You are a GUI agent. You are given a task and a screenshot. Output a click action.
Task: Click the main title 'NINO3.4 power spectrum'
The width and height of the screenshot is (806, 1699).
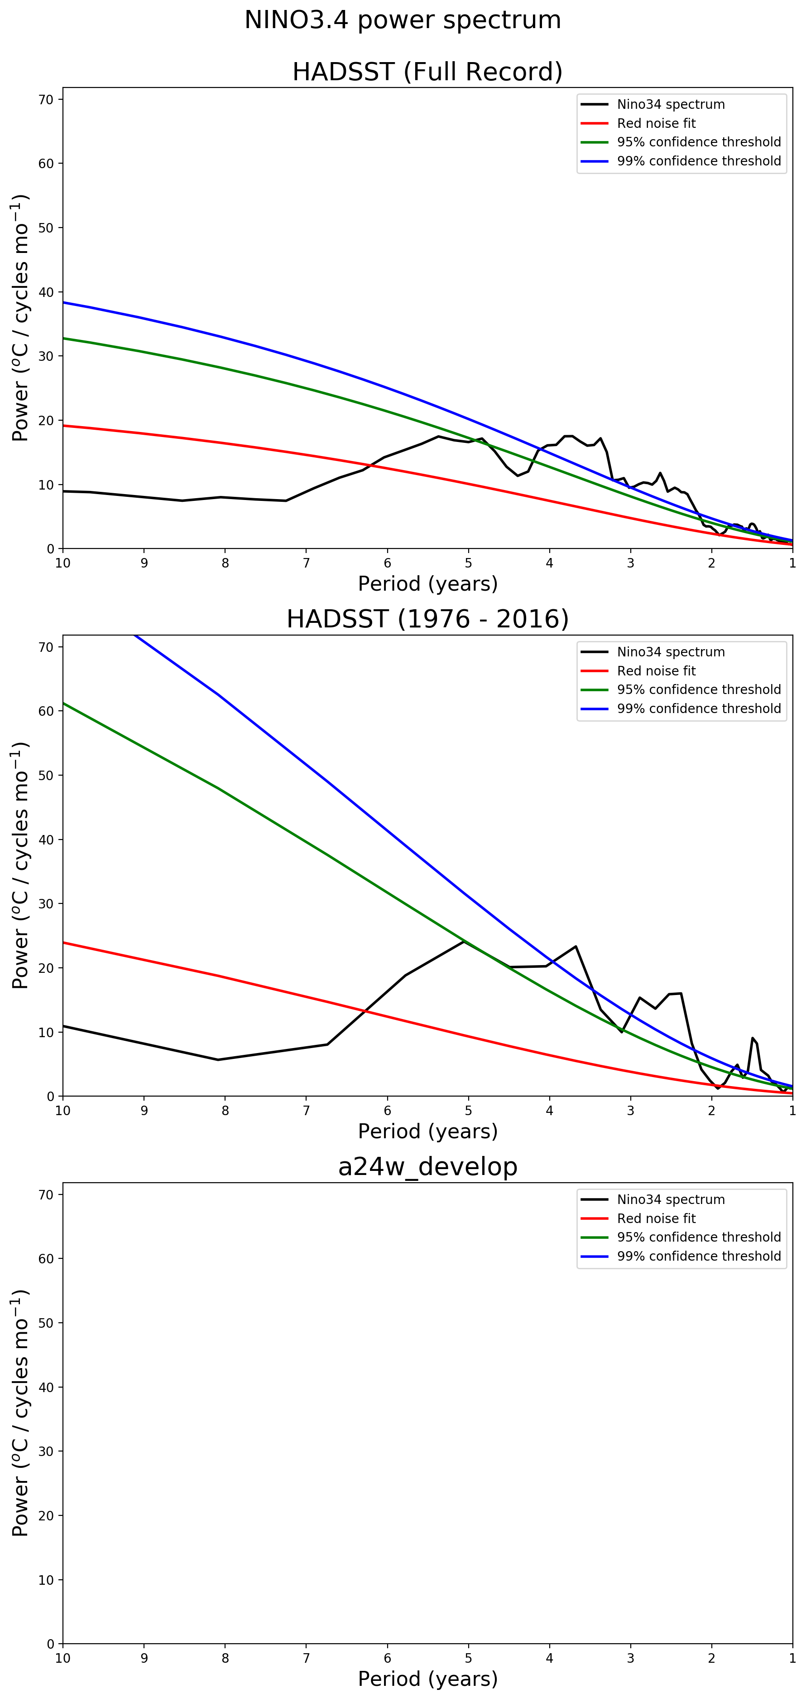(x=402, y=20)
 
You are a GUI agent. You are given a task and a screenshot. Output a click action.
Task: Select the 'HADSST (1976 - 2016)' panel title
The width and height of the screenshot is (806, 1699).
(x=427, y=619)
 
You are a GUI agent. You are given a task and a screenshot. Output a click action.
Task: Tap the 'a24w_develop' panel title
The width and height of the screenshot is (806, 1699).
(x=427, y=1167)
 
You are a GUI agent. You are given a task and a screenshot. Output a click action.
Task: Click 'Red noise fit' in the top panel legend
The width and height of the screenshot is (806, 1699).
(x=656, y=123)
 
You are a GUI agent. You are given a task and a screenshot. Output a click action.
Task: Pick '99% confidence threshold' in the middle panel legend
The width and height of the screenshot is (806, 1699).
(x=699, y=709)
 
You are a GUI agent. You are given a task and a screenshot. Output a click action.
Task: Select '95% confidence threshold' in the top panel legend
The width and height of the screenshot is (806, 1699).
(x=699, y=142)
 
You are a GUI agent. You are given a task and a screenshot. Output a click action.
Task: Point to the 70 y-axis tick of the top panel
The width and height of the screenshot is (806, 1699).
(x=47, y=100)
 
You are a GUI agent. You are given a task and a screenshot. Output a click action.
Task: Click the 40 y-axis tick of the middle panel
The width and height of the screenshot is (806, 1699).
(x=47, y=840)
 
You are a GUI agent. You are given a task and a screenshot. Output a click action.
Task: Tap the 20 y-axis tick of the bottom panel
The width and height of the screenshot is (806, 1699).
(x=47, y=1516)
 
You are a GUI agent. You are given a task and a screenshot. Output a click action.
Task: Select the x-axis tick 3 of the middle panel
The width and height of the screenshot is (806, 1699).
(x=631, y=1111)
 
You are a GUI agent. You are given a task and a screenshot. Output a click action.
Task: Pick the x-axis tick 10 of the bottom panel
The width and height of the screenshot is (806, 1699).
(x=62, y=1658)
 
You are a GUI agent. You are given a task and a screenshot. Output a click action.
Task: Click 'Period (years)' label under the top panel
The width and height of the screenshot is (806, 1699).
(x=427, y=584)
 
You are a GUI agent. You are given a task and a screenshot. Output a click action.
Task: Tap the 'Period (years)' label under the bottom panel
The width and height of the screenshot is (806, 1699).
(x=427, y=1679)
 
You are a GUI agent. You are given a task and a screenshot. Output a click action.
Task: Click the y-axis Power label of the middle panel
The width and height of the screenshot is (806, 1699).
(x=20, y=865)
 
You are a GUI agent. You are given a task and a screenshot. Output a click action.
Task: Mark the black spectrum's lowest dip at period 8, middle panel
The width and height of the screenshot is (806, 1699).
(x=218, y=1060)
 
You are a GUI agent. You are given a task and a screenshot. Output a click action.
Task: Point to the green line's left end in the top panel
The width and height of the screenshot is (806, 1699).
(x=63, y=338)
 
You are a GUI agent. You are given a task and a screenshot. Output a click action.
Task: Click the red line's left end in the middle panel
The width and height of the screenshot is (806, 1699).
(x=63, y=942)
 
